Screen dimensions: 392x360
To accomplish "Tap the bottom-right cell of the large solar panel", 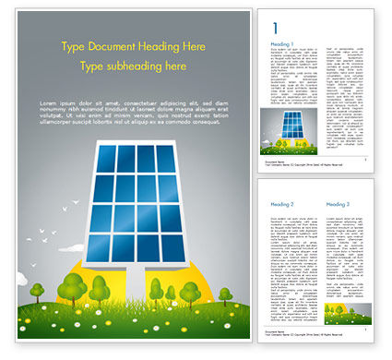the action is tap(173, 246).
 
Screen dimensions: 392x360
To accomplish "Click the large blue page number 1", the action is tap(275, 29).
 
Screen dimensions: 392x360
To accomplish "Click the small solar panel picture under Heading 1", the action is tap(294, 131).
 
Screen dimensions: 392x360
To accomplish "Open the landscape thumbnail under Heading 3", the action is tap(348, 312).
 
